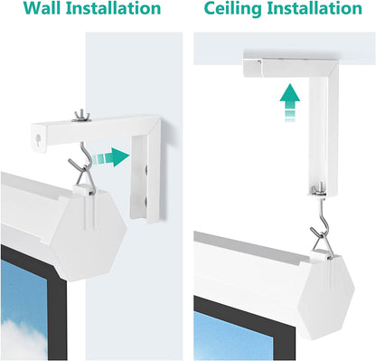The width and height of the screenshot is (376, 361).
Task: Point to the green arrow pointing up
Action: (x=288, y=97)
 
